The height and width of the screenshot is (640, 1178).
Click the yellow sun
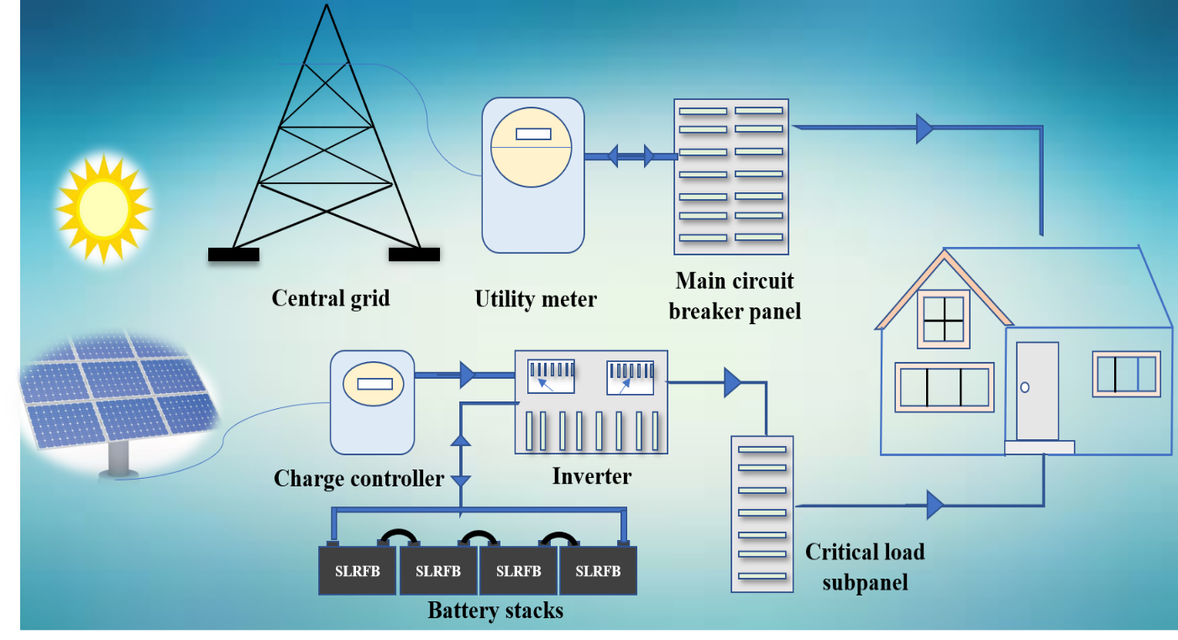tap(103, 207)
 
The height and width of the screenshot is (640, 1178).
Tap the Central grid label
tap(331, 297)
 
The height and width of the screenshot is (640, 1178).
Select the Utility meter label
tap(536, 299)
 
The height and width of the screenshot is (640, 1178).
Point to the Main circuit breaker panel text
tap(735, 295)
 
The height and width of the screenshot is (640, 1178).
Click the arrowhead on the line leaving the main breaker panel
tap(924, 129)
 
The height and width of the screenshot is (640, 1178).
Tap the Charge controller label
tap(359, 479)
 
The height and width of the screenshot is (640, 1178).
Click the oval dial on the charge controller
tap(373, 385)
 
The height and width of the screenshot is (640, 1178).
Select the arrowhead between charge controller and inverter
tap(467, 375)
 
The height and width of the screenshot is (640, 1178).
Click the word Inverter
tap(591, 476)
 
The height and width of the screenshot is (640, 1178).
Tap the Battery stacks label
tap(495, 610)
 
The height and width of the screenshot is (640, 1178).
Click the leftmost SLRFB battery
tap(358, 571)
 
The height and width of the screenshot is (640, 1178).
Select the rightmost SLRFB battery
tap(598, 571)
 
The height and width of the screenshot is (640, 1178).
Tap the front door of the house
tap(1037, 391)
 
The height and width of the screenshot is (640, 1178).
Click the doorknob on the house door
tap(1025, 387)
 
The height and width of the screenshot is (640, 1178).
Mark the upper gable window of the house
tap(945, 318)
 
